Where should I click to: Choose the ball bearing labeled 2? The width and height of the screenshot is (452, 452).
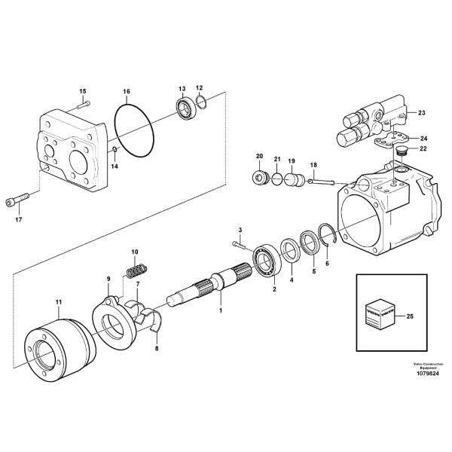coord(265,258)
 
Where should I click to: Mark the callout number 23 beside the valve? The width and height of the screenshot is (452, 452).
coord(421,113)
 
